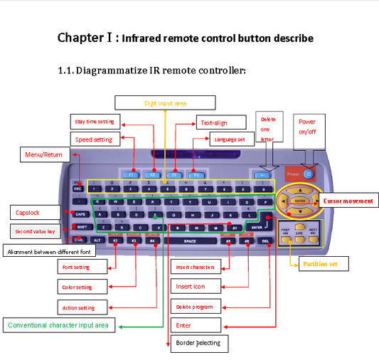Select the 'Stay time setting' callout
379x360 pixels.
(x=95, y=122)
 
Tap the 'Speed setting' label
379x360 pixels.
(x=95, y=139)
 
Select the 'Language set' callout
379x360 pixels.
(x=230, y=139)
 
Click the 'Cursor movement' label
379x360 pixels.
(x=348, y=201)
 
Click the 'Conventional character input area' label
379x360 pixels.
(x=58, y=325)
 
